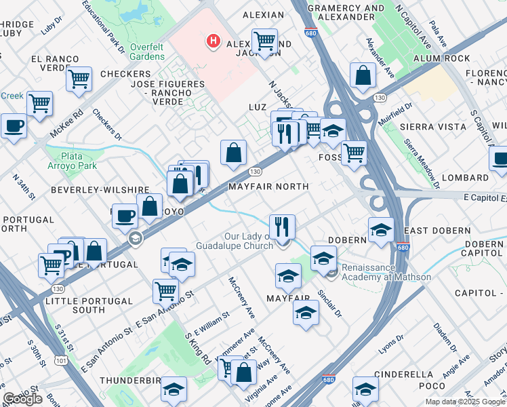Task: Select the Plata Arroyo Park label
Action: point(73,160)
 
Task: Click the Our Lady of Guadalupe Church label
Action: point(235,241)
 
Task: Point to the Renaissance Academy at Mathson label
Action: point(386,272)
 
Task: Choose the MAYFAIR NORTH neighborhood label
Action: point(268,186)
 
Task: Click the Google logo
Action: point(22,399)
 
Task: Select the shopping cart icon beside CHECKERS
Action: point(79,79)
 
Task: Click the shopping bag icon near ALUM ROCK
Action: point(363,75)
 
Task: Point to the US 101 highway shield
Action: point(62,361)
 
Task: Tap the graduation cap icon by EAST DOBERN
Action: point(382,230)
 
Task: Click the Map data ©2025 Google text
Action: point(465,402)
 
